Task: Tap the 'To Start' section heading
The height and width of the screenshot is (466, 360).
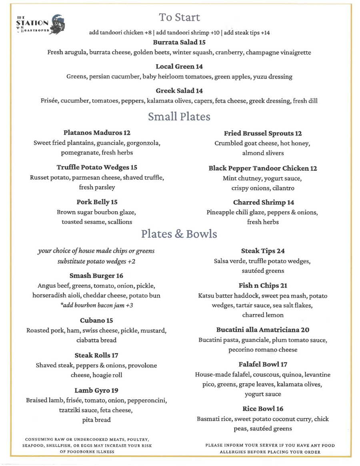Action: coord(179,18)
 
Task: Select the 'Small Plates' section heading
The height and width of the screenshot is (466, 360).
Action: coord(179,116)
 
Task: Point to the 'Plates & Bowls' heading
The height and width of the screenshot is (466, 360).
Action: coord(179,234)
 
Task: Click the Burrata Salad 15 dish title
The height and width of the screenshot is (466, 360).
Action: coord(179,42)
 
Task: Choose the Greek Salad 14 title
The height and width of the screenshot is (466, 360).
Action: coord(179,91)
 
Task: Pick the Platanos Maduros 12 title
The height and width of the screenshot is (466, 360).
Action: coord(97,133)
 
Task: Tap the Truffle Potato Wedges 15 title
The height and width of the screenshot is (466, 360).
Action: coord(97,168)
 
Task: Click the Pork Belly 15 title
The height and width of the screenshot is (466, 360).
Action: coord(97,202)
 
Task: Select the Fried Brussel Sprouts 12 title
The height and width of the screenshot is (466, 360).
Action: coord(263,134)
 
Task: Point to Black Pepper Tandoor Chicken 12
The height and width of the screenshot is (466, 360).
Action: coord(263,168)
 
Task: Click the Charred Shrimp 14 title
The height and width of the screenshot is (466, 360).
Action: coord(263,202)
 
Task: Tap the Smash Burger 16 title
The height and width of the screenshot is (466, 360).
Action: coord(96,276)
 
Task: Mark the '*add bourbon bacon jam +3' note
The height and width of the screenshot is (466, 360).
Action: coord(96,305)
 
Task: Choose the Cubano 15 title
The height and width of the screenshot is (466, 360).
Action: coord(96,320)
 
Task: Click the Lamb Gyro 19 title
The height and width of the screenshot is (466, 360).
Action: coord(96,390)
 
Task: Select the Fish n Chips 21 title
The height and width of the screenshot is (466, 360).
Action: coord(263,286)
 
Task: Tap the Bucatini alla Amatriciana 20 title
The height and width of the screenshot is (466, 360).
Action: coord(263,330)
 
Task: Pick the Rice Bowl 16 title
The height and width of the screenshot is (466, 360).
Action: coord(263,409)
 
